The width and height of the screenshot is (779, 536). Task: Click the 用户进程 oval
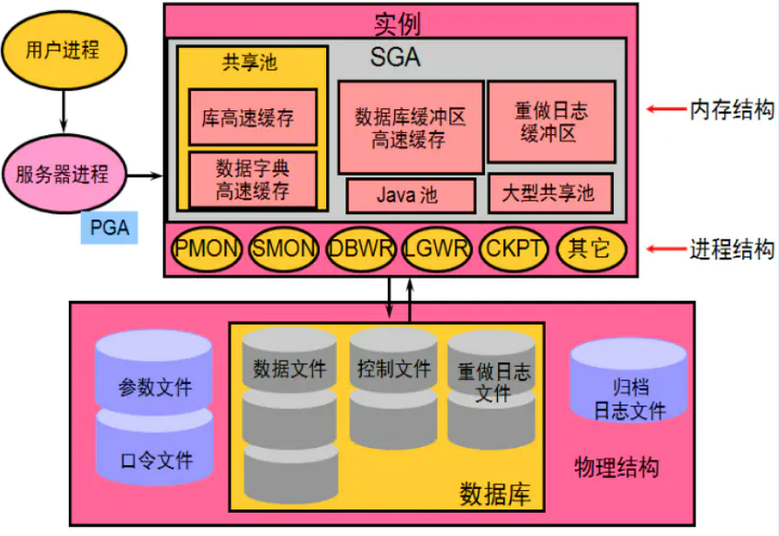pyautogui.click(x=62, y=50)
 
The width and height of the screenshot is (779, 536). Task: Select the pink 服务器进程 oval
pyautogui.click(x=62, y=173)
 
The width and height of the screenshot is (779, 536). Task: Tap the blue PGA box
pyautogui.click(x=109, y=226)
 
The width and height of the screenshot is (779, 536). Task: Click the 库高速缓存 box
pyautogui.click(x=253, y=117)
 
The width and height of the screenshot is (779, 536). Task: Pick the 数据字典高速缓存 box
pyautogui.click(x=253, y=180)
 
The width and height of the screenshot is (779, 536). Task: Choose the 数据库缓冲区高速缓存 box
pyautogui.click(x=410, y=128)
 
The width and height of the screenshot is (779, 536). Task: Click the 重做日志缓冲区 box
pyautogui.click(x=551, y=121)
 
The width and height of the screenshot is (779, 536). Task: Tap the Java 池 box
pyautogui.click(x=411, y=195)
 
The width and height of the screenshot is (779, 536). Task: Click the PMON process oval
pyautogui.click(x=207, y=248)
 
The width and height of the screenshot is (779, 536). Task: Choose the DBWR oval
pyautogui.click(x=361, y=248)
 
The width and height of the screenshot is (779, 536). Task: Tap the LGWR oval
pyautogui.click(x=438, y=248)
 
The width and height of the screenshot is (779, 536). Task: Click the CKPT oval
pyautogui.click(x=514, y=248)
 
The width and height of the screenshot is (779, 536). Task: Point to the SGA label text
pyautogui.click(x=395, y=57)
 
